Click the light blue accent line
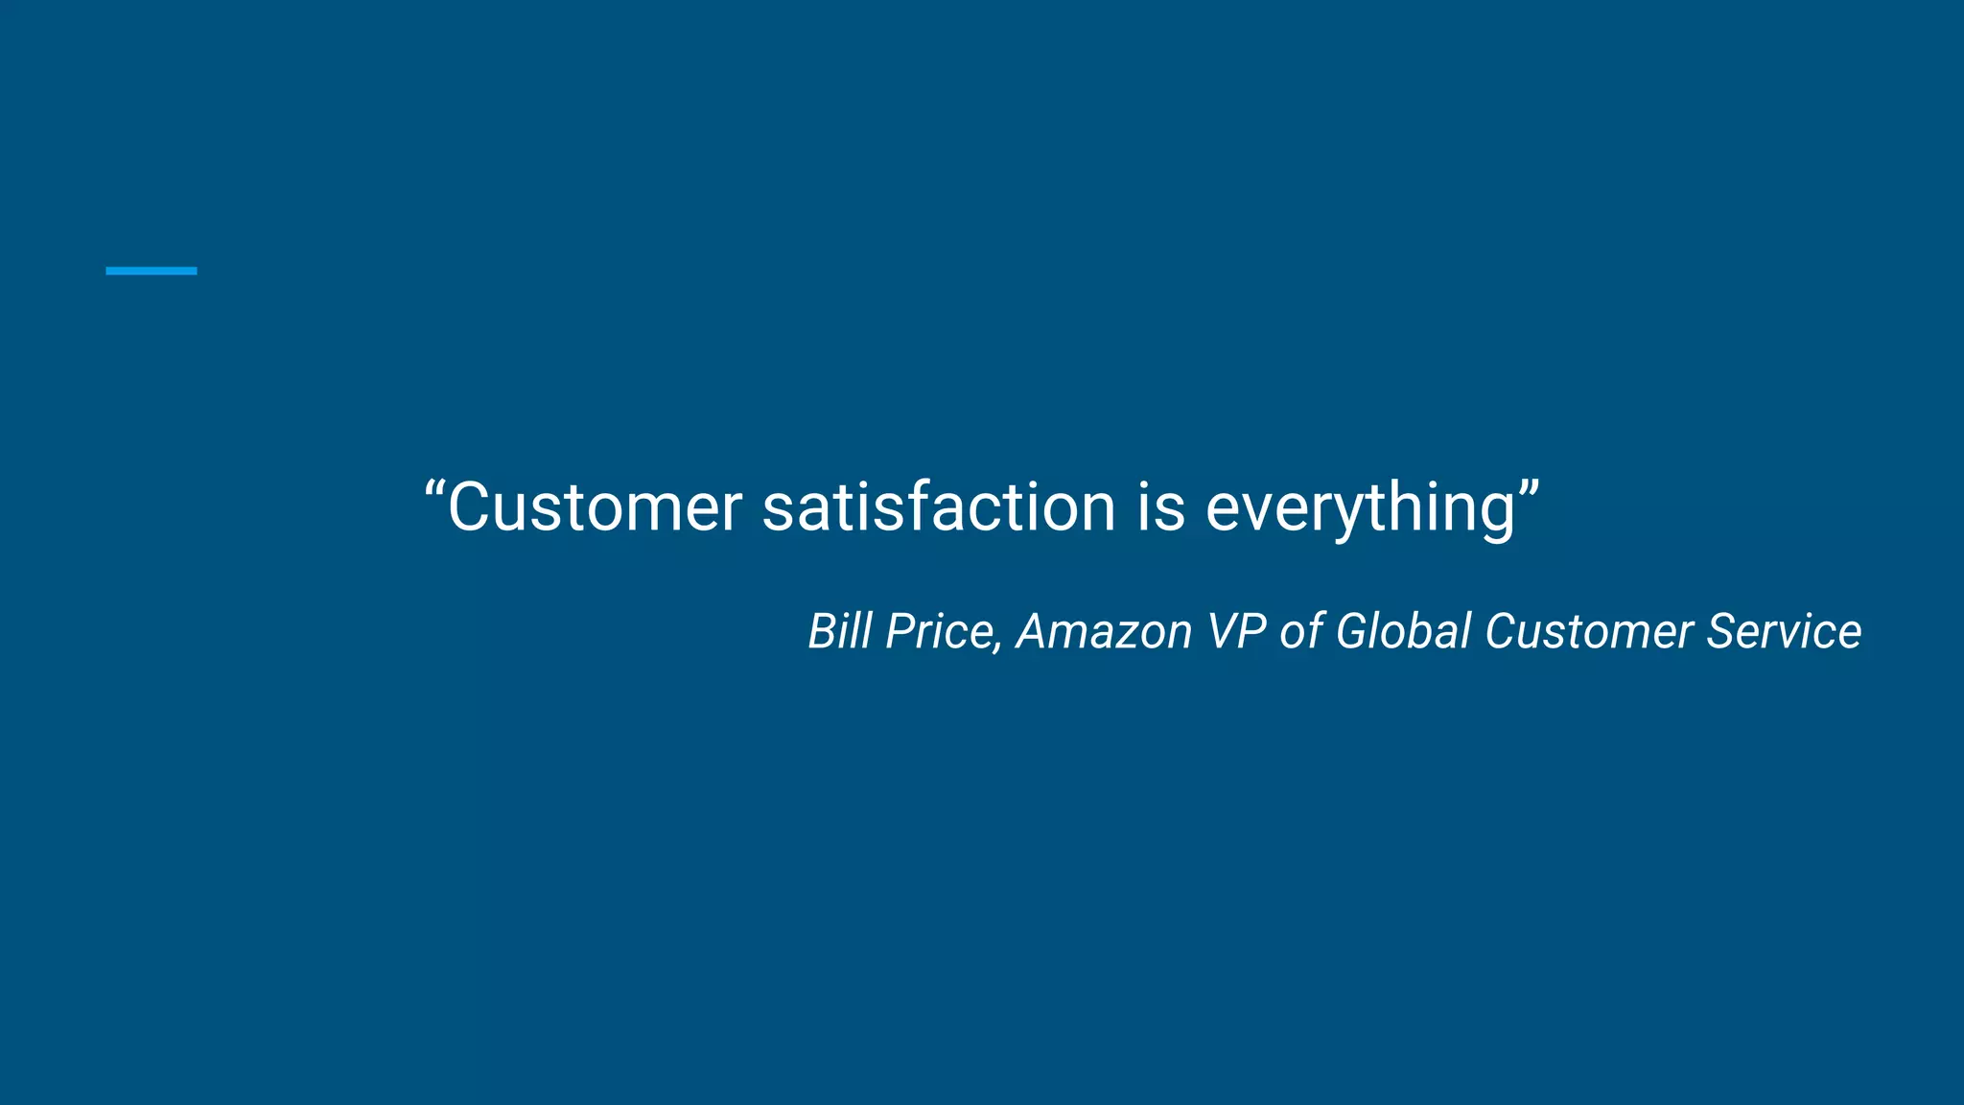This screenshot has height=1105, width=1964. (151, 271)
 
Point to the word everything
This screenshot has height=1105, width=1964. (1360, 508)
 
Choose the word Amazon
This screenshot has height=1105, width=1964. (1104, 631)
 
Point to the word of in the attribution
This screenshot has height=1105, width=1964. (1300, 631)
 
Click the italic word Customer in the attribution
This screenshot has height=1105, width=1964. (1589, 631)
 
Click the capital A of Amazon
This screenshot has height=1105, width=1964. (1035, 631)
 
